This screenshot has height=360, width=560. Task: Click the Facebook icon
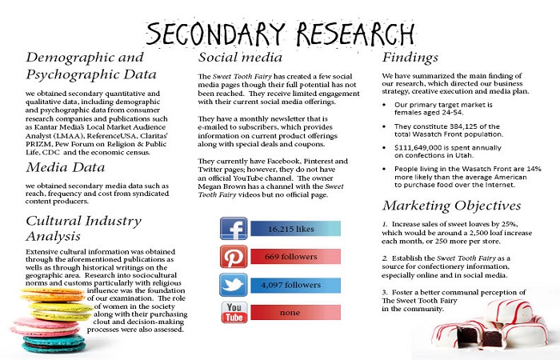(234, 230)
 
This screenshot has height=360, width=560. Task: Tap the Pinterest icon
(234, 257)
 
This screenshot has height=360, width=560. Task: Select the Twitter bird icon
(234, 284)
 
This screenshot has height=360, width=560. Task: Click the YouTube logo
(234, 311)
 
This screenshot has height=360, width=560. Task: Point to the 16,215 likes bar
(295, 230)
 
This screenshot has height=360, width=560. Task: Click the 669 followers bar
(295, 257)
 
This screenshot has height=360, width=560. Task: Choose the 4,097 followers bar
(295, 284)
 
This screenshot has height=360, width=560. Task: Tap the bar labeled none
(295, 311)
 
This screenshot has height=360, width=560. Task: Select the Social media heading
(240, 58)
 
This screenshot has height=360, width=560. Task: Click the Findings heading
(410, 58)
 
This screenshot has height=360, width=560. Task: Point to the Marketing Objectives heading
(452, 206)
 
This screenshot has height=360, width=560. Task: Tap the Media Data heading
(66, 167)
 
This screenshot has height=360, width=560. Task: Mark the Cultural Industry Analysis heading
(73, 229)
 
